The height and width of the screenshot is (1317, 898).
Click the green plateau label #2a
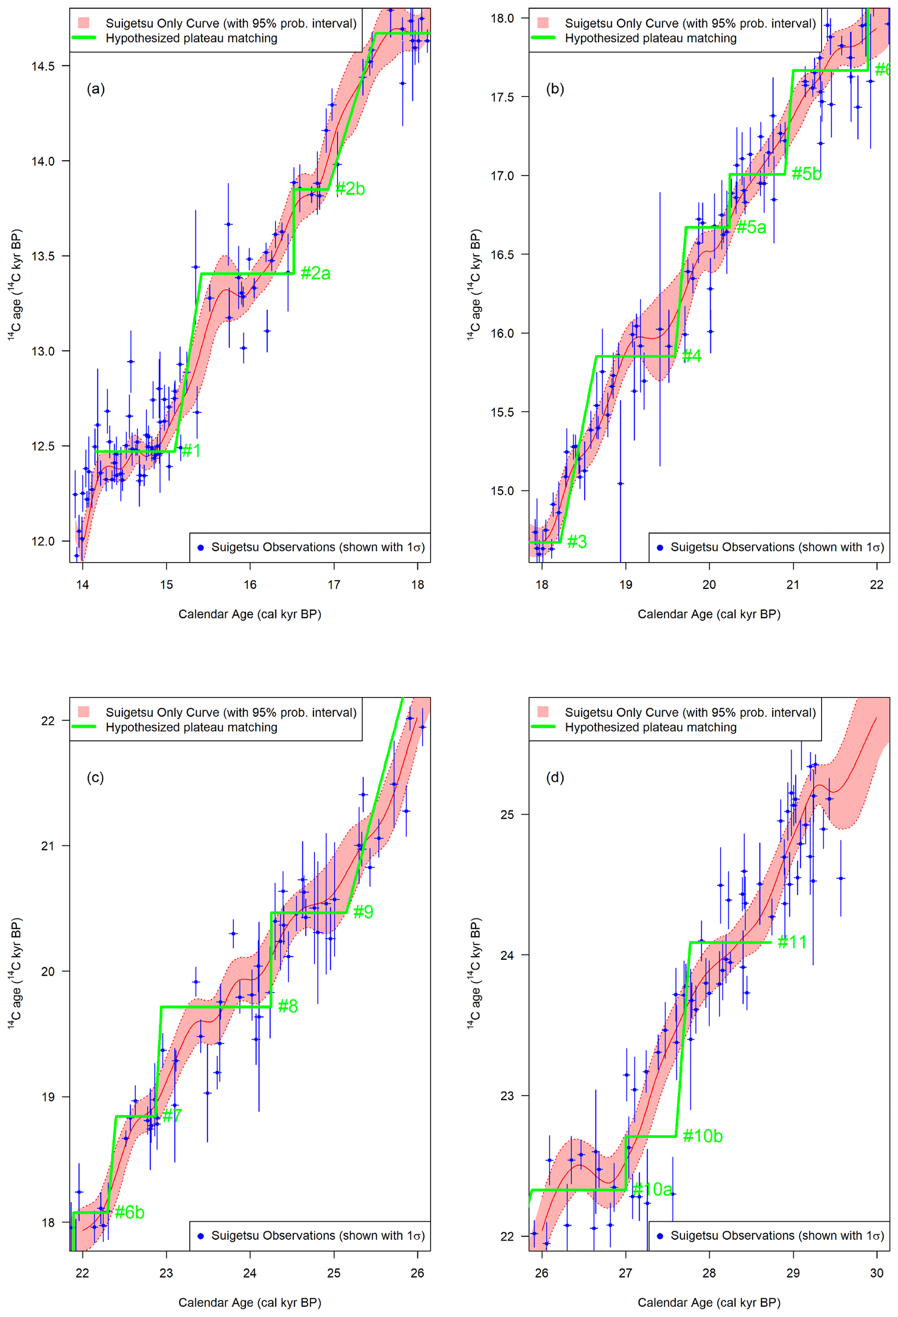(315, 274)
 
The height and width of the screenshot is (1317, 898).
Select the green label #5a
(751, 227)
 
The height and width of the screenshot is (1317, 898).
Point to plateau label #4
(691, 356)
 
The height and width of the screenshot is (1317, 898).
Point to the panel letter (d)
(554, 778)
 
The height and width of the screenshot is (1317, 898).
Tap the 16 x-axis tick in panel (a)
(250, 585)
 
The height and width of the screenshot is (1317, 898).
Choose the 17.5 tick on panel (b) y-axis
(502, 97)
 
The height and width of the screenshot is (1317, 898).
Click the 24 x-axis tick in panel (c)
(250, 1273)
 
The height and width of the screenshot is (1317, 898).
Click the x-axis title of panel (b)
(709, 614)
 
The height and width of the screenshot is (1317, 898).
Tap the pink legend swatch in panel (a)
(84, 23)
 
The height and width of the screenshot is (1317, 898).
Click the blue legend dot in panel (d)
(659, 1236)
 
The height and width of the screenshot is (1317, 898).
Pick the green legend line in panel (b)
(543, 38)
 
